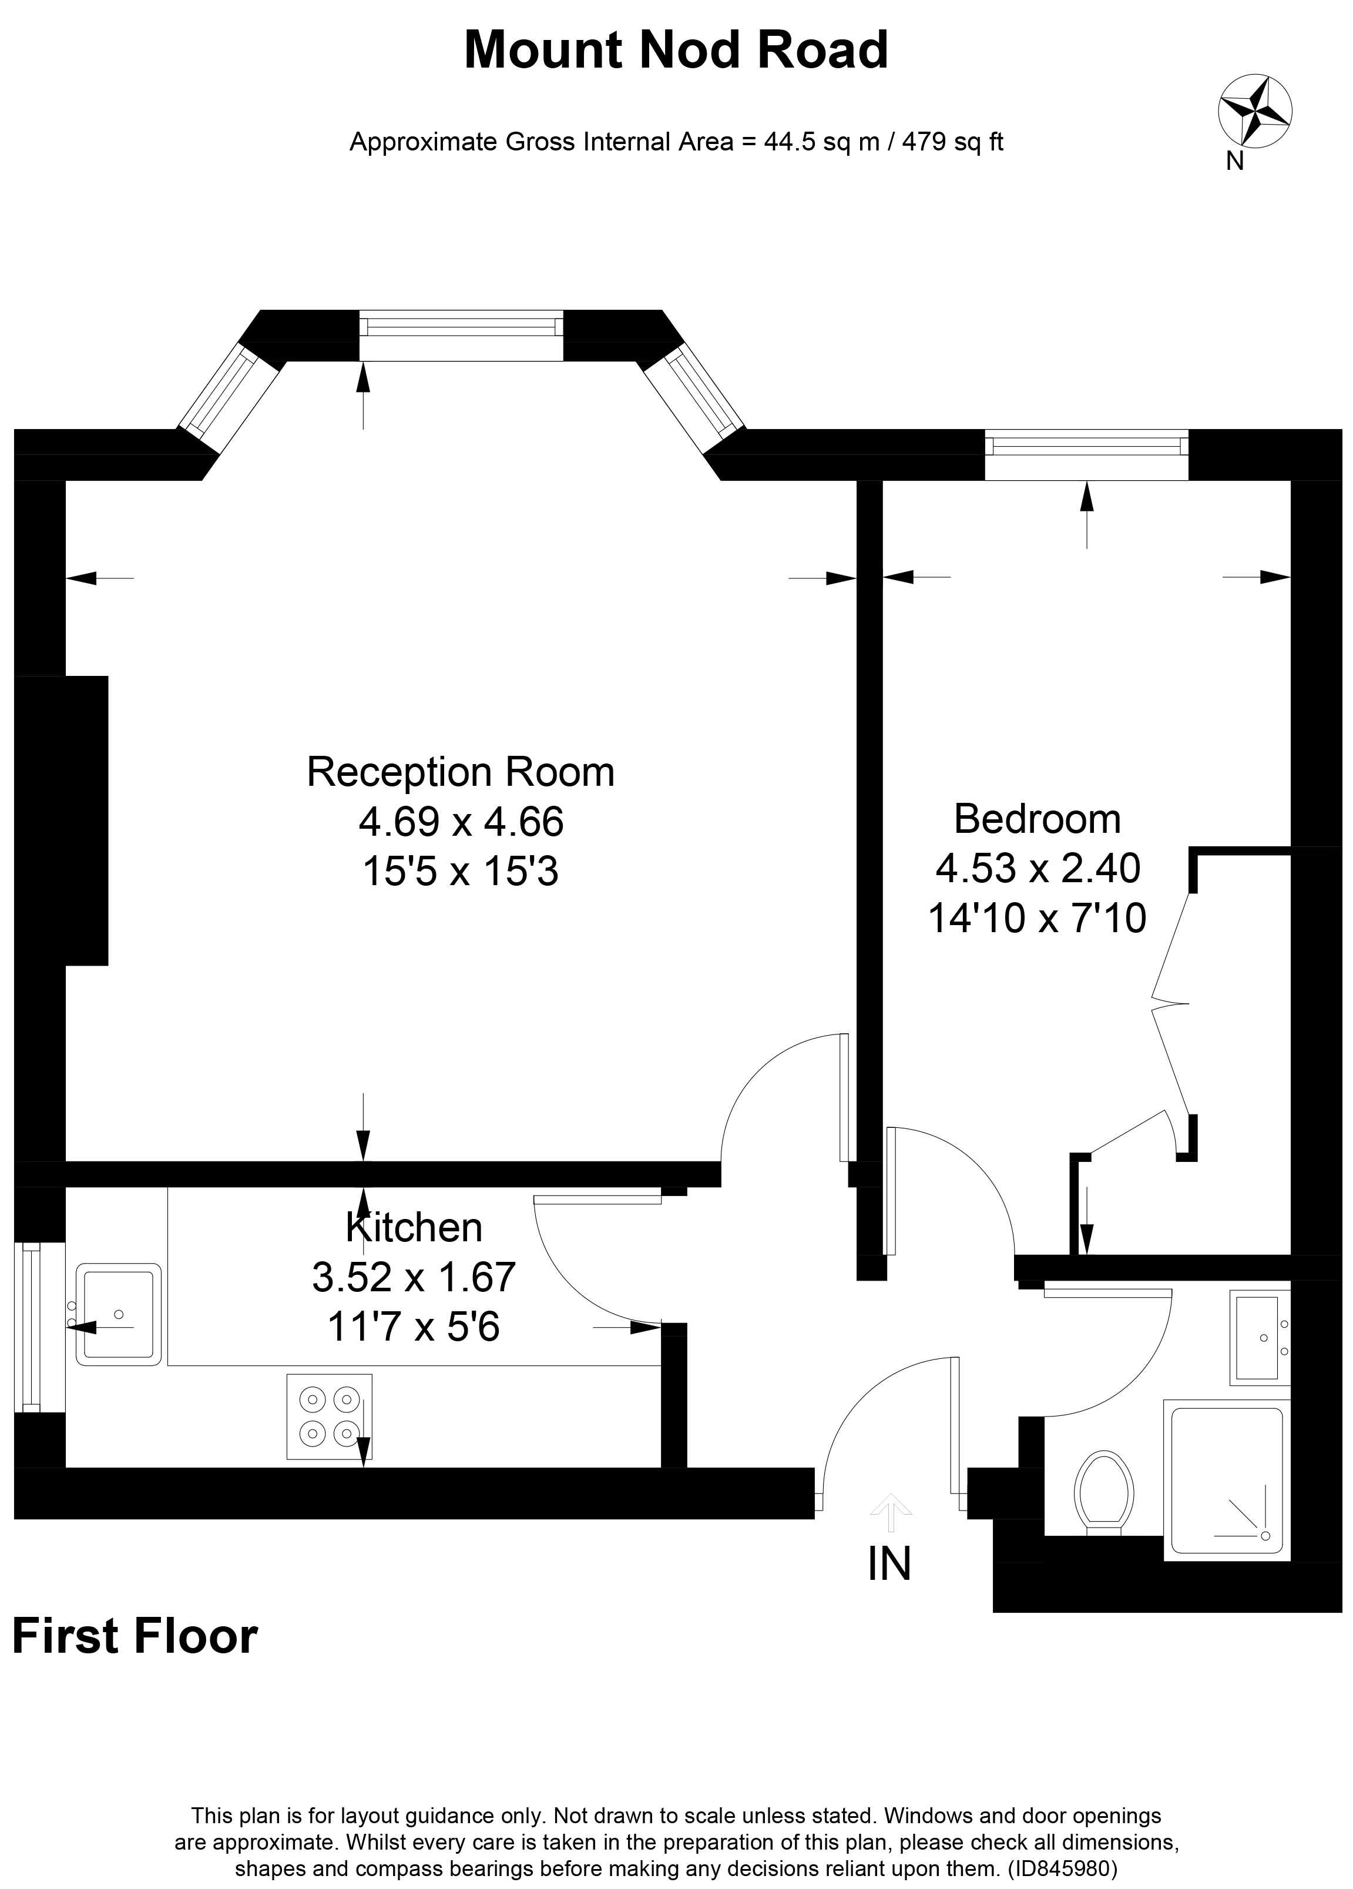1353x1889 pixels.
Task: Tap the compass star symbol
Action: point(1255,110)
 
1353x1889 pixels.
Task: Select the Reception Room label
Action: point(461,772)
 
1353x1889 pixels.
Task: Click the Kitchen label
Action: point(414,1228)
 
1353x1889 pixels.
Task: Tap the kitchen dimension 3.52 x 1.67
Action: point(414,1277)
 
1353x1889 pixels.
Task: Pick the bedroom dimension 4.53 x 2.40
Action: point(1038,868)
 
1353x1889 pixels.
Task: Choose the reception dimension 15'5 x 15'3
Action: point(461,872)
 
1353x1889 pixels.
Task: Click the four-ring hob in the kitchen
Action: point(329,1416)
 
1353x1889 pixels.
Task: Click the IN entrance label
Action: point(889,1563)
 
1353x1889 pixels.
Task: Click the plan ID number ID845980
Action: point(1063,1868)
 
